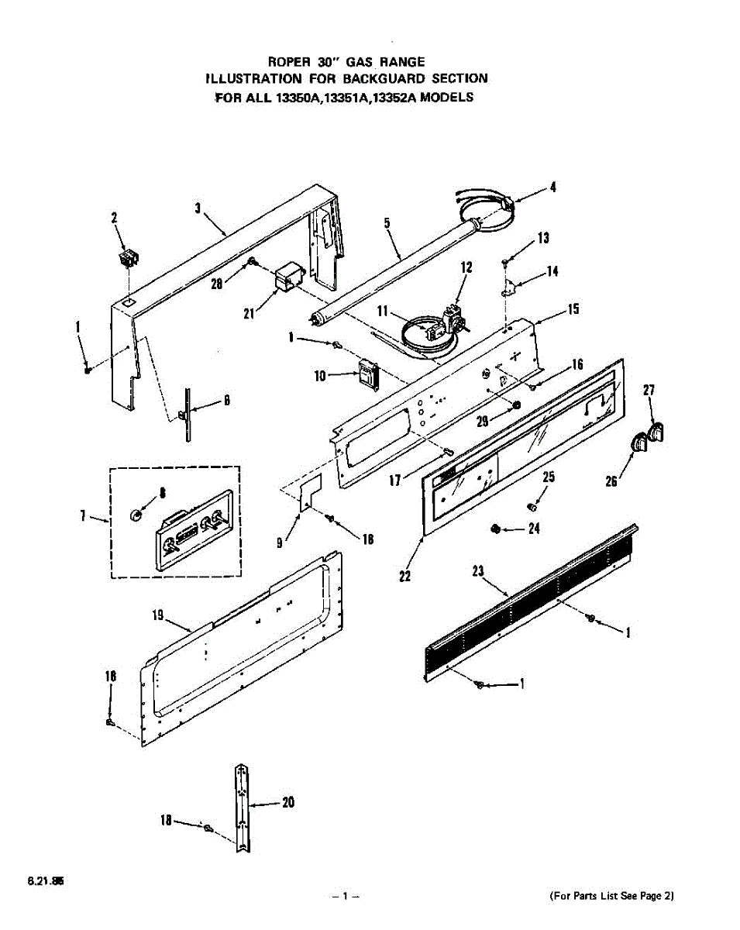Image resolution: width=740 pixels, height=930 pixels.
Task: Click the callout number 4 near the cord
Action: [552, 187]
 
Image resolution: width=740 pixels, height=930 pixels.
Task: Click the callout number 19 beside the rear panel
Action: [157, 616]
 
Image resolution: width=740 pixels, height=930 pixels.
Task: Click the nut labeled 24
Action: [493, 529]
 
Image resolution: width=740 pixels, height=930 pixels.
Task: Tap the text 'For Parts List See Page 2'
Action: [612, 897]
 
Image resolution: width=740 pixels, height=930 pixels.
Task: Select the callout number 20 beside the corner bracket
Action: [288, 803]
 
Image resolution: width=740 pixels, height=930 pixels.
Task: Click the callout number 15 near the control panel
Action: [573, 309]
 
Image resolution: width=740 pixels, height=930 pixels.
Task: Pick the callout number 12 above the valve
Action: [466, 267]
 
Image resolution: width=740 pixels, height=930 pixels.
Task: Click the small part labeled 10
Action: [367, 374]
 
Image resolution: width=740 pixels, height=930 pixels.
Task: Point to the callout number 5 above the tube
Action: [387, 223]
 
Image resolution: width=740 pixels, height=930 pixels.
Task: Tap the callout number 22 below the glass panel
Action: [405, 576]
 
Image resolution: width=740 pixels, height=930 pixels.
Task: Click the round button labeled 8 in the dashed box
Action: [135, 514]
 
